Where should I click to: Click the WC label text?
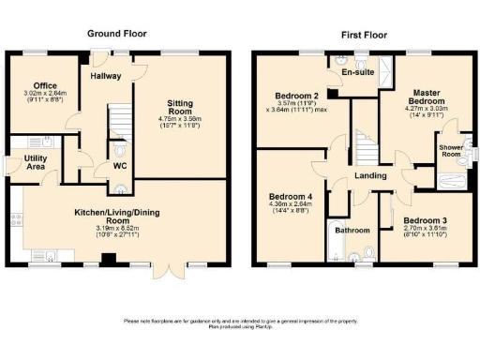coord(119,167)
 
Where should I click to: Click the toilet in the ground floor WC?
coord(119,149)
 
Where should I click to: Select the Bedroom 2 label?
coord(293,96)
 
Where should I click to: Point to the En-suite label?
coord(357,73)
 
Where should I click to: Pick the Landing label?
coord(367,176)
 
